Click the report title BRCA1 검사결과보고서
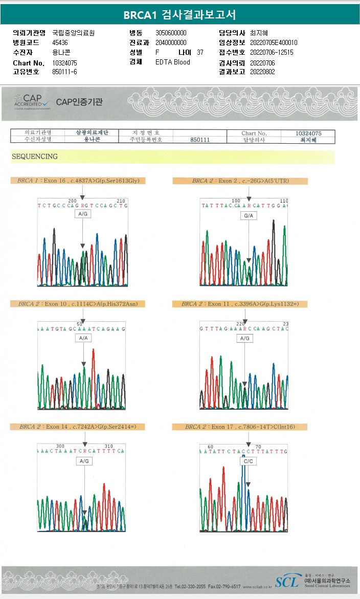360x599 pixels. pos(179,15)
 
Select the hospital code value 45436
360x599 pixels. pos(60,42)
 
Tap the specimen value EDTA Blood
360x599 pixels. pos(172,62)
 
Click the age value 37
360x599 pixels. pos(200,52)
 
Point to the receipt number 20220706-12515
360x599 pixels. pos(272,52)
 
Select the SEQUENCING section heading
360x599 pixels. pos(35,157)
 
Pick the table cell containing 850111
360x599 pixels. pos(200,140)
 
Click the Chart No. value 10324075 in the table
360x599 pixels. pos(308,133)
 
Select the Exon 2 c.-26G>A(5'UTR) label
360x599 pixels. pos(240,181)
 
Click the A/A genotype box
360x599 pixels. pos(83,339)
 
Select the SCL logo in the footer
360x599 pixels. pos(287,582)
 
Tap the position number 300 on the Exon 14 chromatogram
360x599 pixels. pos(60,446)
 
